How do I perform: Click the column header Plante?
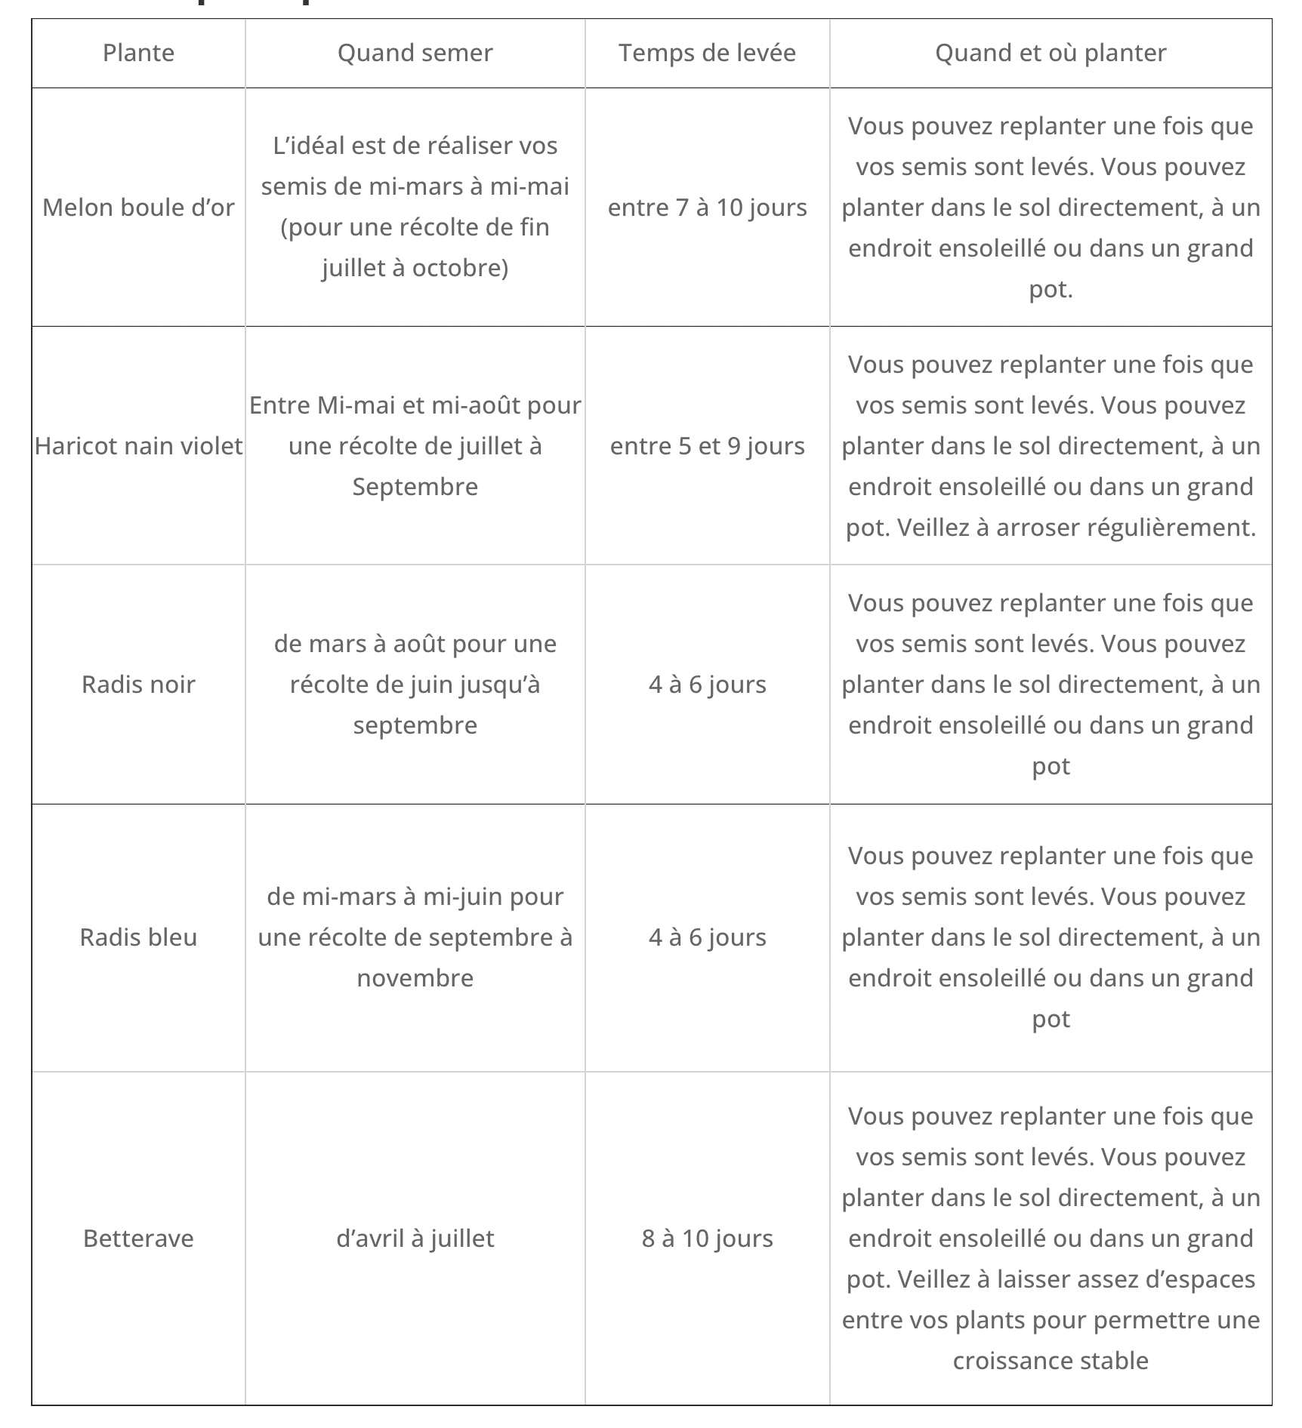pyautogui.click(x=138, y=53)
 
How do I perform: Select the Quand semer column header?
pyautogui.click(x=415, y=53)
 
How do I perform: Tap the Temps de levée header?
pyautogui.click(x=707, y=53)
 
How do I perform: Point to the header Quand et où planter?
pyautogui.click(x=1051, y=53)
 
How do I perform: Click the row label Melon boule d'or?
pyautogui.click(x=138, y=208)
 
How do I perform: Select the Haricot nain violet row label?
pyautogui.click(x=138, y=446)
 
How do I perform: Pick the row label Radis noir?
pyautogui.click(x=138, y=685)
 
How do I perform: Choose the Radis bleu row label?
pyautogui.click(x=138, y=937)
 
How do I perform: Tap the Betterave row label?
pyautogui.click(x=138, y=1239)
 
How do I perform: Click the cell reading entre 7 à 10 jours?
pyautogui.click(x=707, y=208)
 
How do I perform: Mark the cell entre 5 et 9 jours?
pyautogui.click(x=707, y=446)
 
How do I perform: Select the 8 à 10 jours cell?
pyautogui.click(x=707, y=1239)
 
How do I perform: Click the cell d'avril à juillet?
pyautogui.click(x=415, y=1239)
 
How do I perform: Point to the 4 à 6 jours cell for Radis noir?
pyautogui.click(x=707, y=685)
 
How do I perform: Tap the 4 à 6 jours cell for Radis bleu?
pyautogui.click(x=707, y=937)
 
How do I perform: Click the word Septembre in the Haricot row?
pyautogui.click(x=415, y=487)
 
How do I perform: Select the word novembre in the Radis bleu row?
pyautogui.click(x=415, y=978)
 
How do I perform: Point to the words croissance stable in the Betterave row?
pyautogui.click(x=1051, y=1361)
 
